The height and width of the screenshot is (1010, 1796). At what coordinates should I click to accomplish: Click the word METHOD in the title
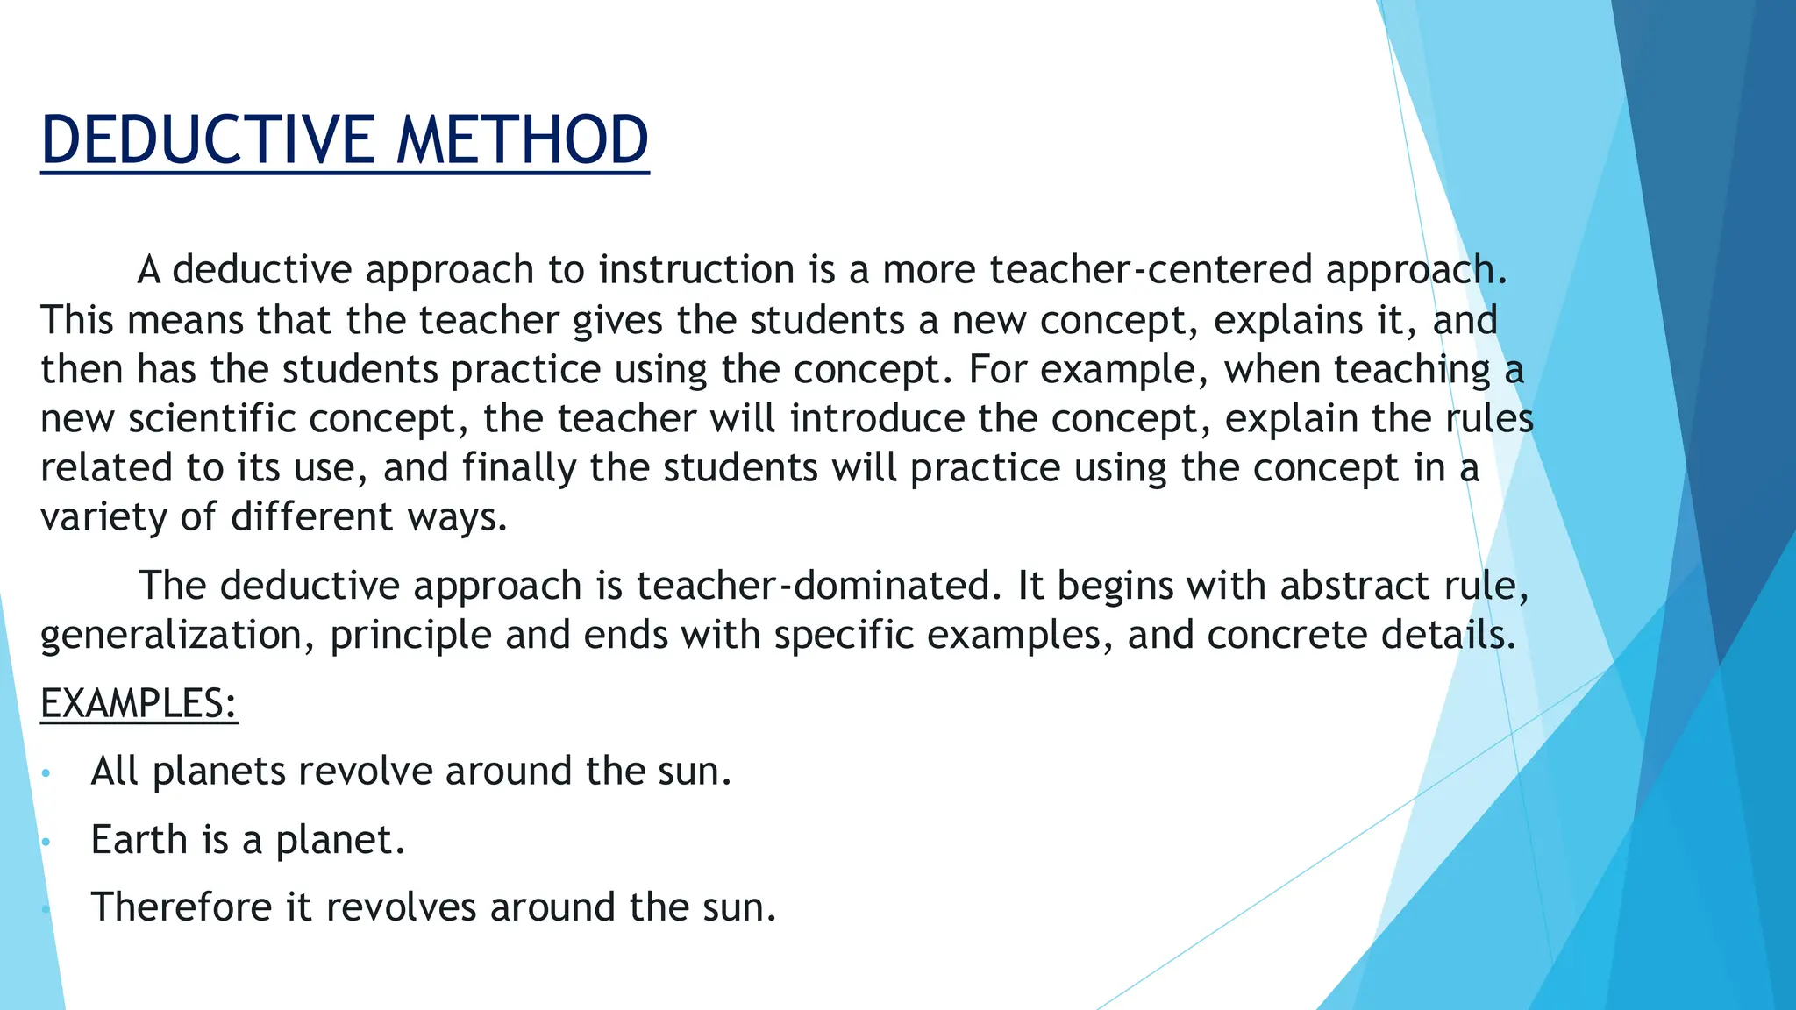[x=523, y=140]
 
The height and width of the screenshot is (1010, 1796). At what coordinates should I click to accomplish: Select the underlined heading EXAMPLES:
[x=139, y=703]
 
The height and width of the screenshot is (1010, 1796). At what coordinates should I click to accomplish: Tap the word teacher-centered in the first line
[x=1151, y=269]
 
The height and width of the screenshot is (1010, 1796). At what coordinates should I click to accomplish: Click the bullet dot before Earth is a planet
[x=46, y=843]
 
